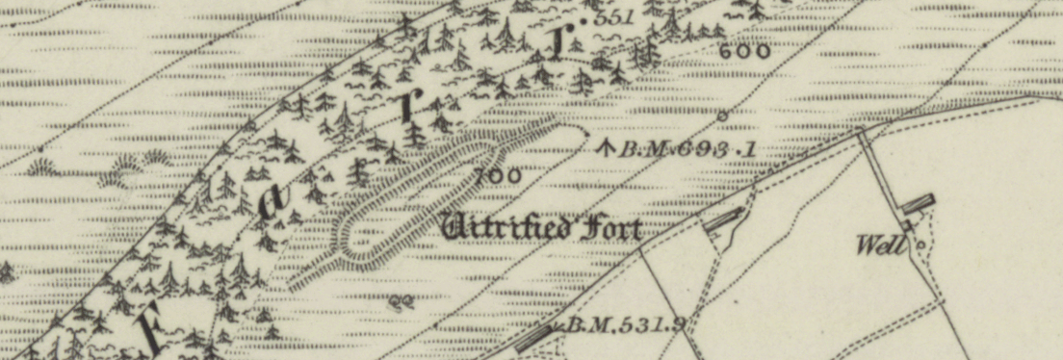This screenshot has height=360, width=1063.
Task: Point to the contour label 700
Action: (x=498, y=175)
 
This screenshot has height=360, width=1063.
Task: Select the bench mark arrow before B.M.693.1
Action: (x=606, y=148)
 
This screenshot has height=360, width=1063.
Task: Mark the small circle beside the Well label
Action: (x=920, y=244)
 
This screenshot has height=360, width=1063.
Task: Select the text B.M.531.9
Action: (x=624, y=325)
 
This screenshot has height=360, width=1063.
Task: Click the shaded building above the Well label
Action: (x=919, y=203)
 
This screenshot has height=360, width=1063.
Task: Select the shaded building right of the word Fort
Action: (x=724, y=219)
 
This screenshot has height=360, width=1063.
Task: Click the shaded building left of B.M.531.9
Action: (x=534, y=337)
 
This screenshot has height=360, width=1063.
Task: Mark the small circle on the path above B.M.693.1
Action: (x=722, y=116)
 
